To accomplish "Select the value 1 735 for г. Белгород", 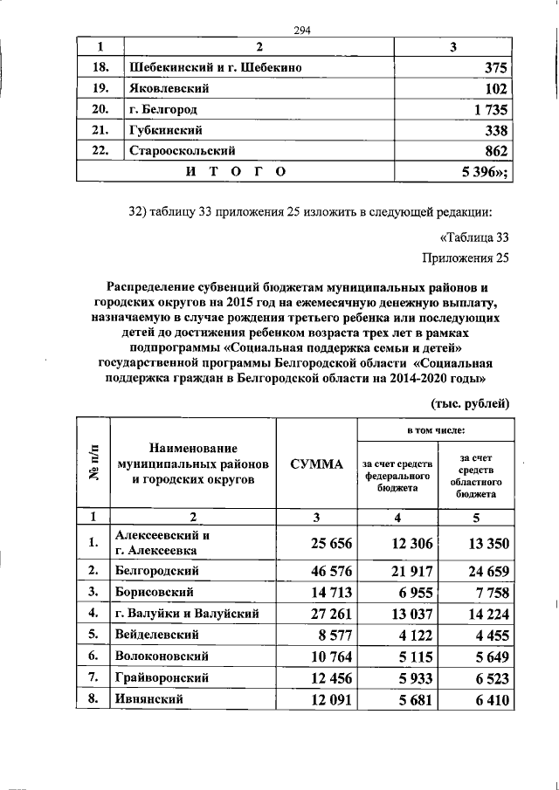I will [x=486, y=110].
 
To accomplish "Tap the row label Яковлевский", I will [x=162, y=88].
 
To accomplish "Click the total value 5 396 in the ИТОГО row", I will [x=480, y=172].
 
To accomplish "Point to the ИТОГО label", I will [x=236, y=172].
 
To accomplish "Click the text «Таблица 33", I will [x=472, y=237].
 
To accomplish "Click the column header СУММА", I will [x=316, y=464].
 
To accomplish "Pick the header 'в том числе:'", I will [x=434, y=430].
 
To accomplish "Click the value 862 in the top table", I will [x=495, y=151].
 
